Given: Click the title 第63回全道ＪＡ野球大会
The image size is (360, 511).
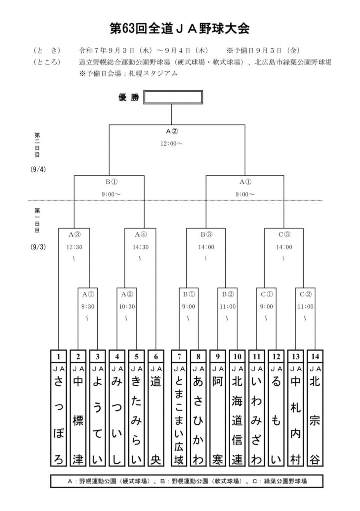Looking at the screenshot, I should pos(180,28).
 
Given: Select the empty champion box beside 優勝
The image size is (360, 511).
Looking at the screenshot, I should pos(173,97).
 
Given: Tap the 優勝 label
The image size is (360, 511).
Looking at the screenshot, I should pos(129,97).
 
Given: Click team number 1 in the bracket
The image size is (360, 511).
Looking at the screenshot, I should pos(59,357).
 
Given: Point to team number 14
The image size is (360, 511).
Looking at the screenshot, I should pos(314,357).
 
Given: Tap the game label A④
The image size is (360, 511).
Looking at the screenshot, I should pos(141,233).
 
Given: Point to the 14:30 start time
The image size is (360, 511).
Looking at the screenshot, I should pos(141,246).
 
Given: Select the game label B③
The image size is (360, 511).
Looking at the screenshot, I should pos(206,233).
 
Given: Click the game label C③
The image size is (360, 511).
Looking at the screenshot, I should pos(284,233).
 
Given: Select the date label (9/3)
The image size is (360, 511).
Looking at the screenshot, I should pos(38,247).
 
